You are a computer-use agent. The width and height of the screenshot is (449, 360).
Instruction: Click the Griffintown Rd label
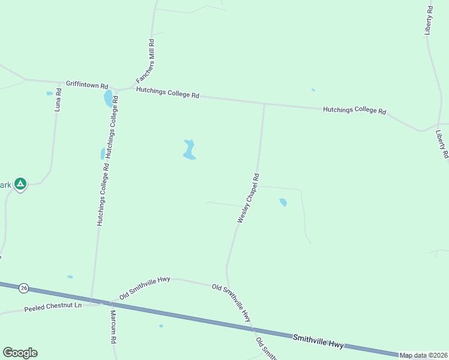(x=87, y=86)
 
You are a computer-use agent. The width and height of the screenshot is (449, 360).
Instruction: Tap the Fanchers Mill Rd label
(x=145, y=62)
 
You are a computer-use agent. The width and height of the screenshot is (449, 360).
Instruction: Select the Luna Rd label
(x=58, y=100)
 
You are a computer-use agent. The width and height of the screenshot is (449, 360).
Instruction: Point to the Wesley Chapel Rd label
(x=249, y=199)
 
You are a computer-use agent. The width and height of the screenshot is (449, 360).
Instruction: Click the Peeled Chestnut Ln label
(x=52, y=309)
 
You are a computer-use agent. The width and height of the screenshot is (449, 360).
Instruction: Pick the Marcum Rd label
(x=113, y=327)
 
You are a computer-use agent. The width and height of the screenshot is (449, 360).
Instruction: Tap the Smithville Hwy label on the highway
(x=319, y=341)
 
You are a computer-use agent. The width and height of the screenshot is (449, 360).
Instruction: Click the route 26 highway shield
(x=23, y=288)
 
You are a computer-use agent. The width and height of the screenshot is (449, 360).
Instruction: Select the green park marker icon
(x=20, y=184)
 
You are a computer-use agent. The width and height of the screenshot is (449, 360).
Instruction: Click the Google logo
(x=20, y=353)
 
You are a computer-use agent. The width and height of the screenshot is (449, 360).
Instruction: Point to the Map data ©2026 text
(x=423, y=355)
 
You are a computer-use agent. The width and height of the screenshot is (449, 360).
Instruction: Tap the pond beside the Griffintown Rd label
(x=108, y=98)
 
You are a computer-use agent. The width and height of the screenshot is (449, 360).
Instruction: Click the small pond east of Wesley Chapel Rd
(x=283, y=202)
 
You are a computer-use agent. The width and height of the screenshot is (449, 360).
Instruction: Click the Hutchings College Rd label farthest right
(x=354, y=110)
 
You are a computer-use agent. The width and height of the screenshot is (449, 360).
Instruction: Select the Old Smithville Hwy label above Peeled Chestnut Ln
(x=145, y=288)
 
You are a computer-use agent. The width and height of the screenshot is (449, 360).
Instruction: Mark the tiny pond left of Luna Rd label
(x=49, y=94)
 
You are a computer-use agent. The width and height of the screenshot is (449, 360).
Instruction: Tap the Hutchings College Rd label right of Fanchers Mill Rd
(x=167, y=92)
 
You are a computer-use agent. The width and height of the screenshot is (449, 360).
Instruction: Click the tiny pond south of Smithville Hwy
(x=161, y=326)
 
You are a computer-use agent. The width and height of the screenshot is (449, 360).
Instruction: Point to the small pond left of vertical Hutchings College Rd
(x=103, y=154)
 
